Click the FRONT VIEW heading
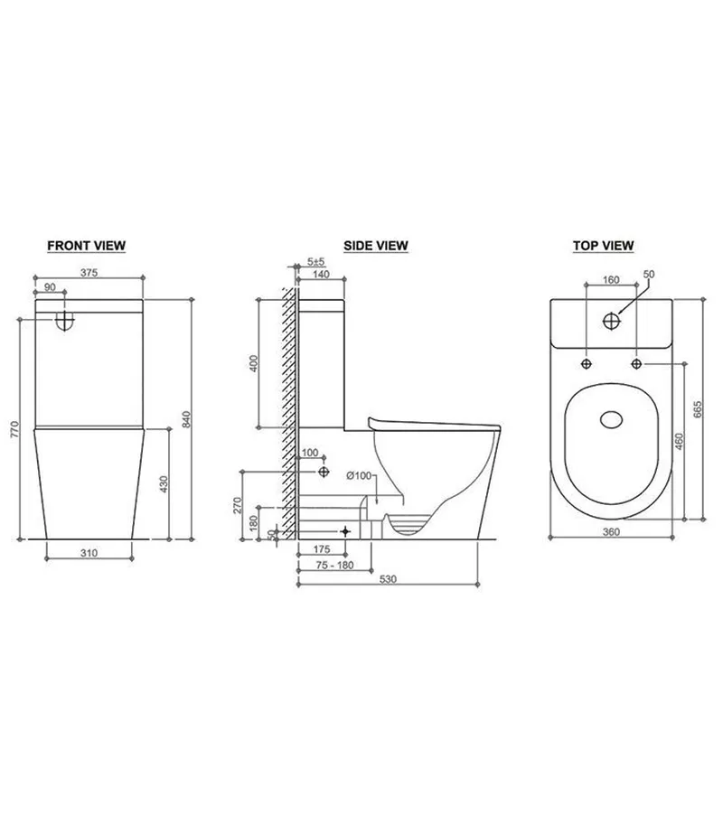pyautogui.click(x=86, y=246)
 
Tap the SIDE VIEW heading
pyautogui.click(x=375, y=246)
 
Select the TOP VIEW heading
pyautogui.click(x=603, y=246)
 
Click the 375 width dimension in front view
pyautogui.click(x=89, y=273)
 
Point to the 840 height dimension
pyautogui.click(x=186, y=419)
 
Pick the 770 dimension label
pyautogui.click(x=14, y=429)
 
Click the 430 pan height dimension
pyautogui.click(x=164, y=484)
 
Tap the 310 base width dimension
pyautogui.click(x=89, y=552)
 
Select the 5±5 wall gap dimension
pyautogui.click(x=316, y=261)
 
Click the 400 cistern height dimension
pyautogui.click(x=253, y=363)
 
